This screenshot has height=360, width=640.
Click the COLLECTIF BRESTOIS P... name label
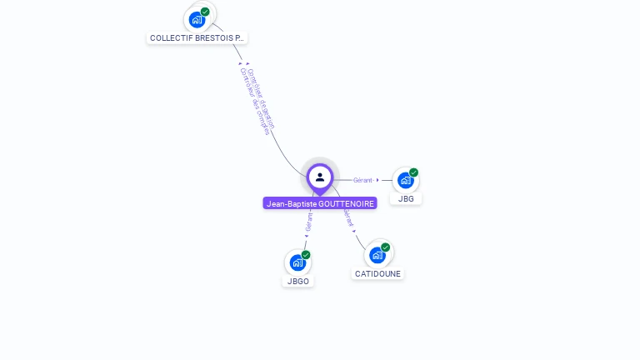[x=197, y=37]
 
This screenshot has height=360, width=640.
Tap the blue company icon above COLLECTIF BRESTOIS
[x=197, y=19]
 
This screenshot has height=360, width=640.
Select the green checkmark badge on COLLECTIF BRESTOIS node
[x=205, y=12]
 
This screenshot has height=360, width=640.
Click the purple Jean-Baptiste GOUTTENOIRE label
[x=320, y=203]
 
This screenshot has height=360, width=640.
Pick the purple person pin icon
[x=320, y=177]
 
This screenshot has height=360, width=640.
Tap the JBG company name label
[x=406, y=198]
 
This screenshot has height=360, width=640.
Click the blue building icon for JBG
[x=405, y=180]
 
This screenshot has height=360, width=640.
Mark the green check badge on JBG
[x=413, y=172]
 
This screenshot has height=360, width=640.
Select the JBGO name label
[x=298, y=281]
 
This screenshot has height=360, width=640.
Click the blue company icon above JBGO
[x=297, y=262]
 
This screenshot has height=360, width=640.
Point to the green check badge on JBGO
[x=306, y=255]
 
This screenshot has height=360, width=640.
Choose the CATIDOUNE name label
[x=377, y=273]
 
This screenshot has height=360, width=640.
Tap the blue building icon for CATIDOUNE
[x=377, y=255]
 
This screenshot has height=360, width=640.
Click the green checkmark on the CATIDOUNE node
[x=385, y=247]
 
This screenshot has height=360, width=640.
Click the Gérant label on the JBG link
[x=362, y=180]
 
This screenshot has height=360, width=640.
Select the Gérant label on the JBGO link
[x=308, y=222]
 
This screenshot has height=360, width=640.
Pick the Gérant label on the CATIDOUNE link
[x=347, y=218]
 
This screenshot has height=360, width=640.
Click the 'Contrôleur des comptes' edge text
[x=254, y=102]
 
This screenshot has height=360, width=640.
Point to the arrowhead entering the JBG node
[x=378, y=180]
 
